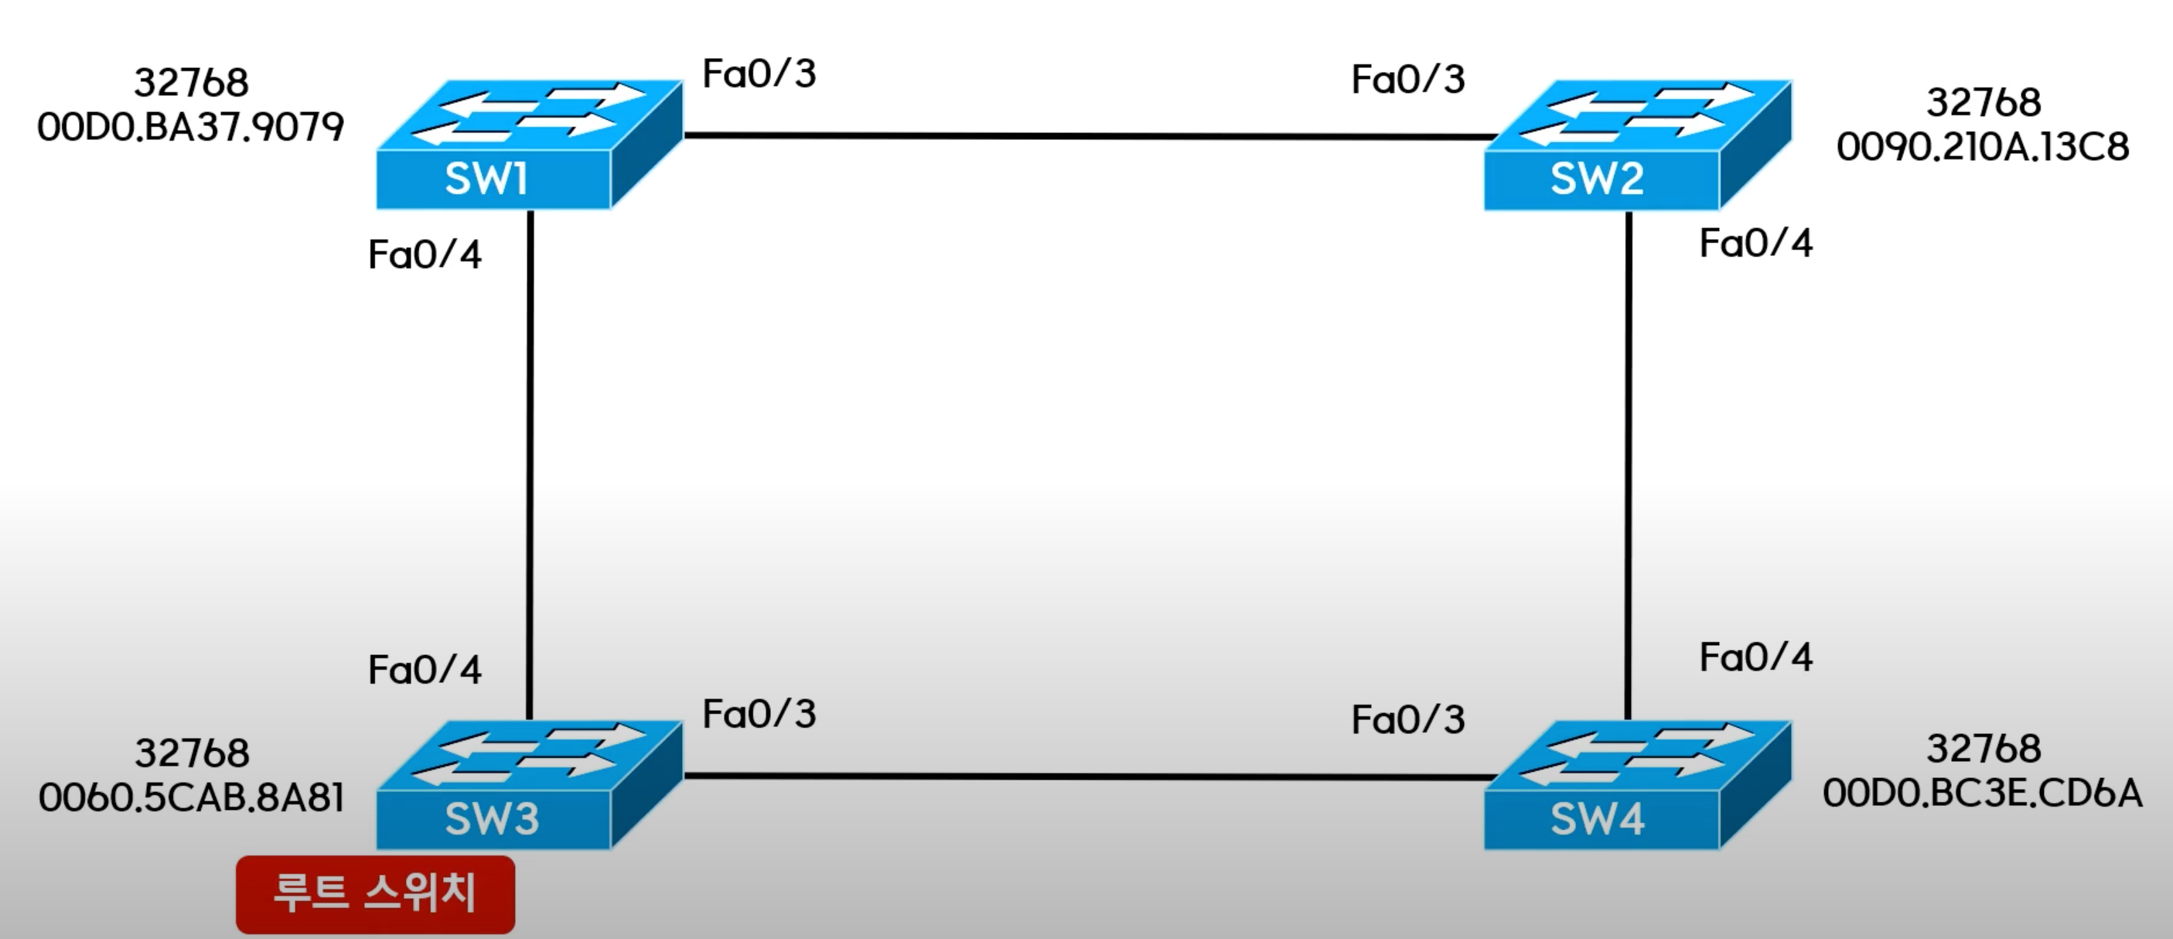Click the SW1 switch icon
click(528, 145)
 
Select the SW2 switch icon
click(1636, 145)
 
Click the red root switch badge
click(375, 893)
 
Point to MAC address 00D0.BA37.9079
click(191, 128)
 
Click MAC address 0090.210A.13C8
click(1982, 148)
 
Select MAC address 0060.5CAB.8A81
click(192, 798)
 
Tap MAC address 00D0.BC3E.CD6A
click(1982, 793)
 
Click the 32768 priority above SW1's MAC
click(192, 83)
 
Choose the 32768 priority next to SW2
click(1984, 103)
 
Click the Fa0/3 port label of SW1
click(759, 74)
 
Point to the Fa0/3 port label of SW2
click(1408, 80)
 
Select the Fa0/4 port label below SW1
click(425, 254)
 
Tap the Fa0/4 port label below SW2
click(1755, 244)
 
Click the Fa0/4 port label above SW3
click(425, 671)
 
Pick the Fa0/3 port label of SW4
click(1408, 720)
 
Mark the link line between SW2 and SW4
click(1628, 464)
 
